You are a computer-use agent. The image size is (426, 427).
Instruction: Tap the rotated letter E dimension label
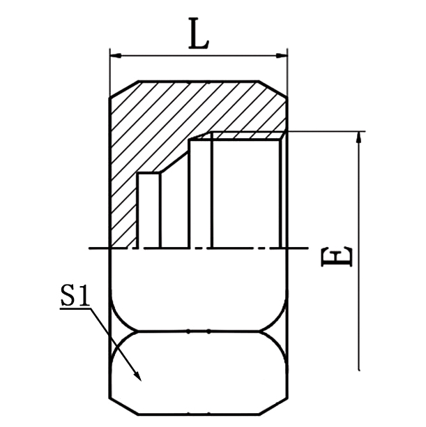coord(338,257)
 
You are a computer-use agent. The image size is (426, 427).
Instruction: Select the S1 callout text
coord(74,297)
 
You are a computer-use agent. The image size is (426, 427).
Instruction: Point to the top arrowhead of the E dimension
coord(360,136)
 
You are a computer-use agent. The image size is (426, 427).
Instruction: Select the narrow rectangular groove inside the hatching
coord(149,209)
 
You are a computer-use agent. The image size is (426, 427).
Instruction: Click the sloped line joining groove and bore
coord(176,156)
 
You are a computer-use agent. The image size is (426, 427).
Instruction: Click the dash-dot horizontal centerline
coord(199,248)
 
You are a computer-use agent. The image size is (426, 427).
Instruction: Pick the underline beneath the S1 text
coord(75,308)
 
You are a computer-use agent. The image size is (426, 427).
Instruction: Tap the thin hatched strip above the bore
coord(244,135)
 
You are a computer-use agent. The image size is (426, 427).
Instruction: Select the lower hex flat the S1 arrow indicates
coord(199,366)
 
